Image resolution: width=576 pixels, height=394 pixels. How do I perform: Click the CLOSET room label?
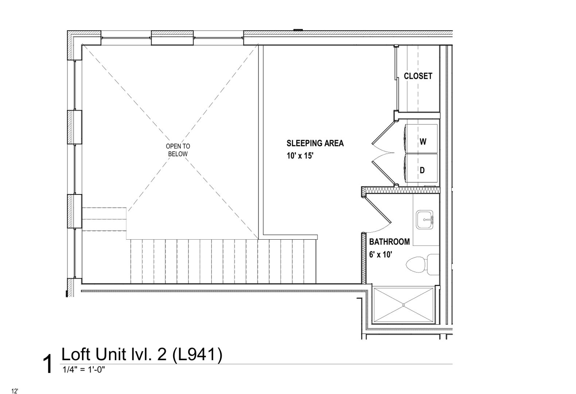point(418,76)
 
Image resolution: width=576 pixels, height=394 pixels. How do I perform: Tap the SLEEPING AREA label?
point(315,143)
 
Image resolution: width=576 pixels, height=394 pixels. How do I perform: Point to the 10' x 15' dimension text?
point(300,156)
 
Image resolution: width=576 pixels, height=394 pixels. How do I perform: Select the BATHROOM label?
point(389,242)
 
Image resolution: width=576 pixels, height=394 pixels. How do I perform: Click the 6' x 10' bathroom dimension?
point(381,255)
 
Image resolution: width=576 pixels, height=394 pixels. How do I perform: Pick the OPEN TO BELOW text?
point(178,150)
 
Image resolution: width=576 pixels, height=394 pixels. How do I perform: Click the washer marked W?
point(421,139)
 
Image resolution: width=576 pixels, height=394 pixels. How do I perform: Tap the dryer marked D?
point(421,168)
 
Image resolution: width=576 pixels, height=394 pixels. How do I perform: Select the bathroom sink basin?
point(425,219)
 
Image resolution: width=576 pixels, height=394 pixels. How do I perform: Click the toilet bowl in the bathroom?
point(416,264)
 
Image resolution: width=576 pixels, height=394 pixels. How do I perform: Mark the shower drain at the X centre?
point(404,305)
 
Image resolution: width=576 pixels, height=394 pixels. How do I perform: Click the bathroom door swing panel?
point(378,209)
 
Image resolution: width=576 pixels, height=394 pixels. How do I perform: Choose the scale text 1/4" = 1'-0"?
point(84,370)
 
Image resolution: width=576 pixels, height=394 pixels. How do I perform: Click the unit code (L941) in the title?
point(197,355)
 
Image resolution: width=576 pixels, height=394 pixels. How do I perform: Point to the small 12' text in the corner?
point(15,391)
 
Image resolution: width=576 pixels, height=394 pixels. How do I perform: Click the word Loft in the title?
point(75,354)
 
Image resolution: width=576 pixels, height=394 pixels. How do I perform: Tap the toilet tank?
point(433,264)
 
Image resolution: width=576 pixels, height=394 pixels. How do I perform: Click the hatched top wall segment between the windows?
point(172,38)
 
